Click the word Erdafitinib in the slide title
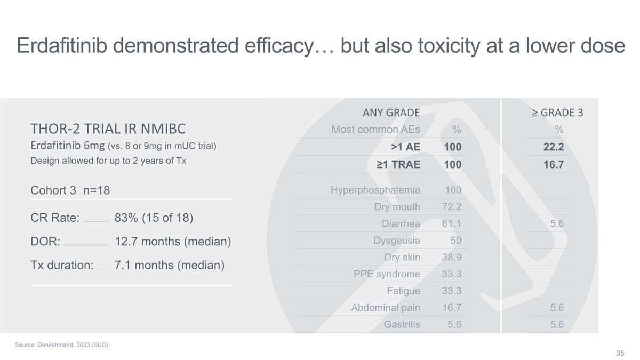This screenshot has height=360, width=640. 62,46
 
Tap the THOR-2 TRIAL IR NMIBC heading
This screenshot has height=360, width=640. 108,129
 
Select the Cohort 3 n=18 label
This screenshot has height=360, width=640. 70,190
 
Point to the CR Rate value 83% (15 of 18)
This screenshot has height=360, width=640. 154,218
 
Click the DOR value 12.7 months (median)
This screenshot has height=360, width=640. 173,242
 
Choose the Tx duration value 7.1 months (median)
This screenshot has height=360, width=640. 169,265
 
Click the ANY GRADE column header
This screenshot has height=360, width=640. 391,113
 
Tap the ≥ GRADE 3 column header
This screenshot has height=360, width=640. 557,113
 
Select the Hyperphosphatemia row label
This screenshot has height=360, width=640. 375,190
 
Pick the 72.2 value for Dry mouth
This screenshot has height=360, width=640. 451,207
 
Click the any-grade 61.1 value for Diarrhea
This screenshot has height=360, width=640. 451,223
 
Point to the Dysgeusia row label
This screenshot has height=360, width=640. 397,241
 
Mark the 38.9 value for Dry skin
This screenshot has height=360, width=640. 451,258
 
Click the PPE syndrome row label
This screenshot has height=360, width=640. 387,274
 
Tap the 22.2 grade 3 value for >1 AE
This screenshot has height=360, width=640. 553,148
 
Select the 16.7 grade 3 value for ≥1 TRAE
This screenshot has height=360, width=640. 553,165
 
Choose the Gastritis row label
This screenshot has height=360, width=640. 402,324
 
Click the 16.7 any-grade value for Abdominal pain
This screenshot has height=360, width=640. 452,308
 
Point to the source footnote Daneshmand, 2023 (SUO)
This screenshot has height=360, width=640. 62,345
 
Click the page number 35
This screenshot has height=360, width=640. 620,354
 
